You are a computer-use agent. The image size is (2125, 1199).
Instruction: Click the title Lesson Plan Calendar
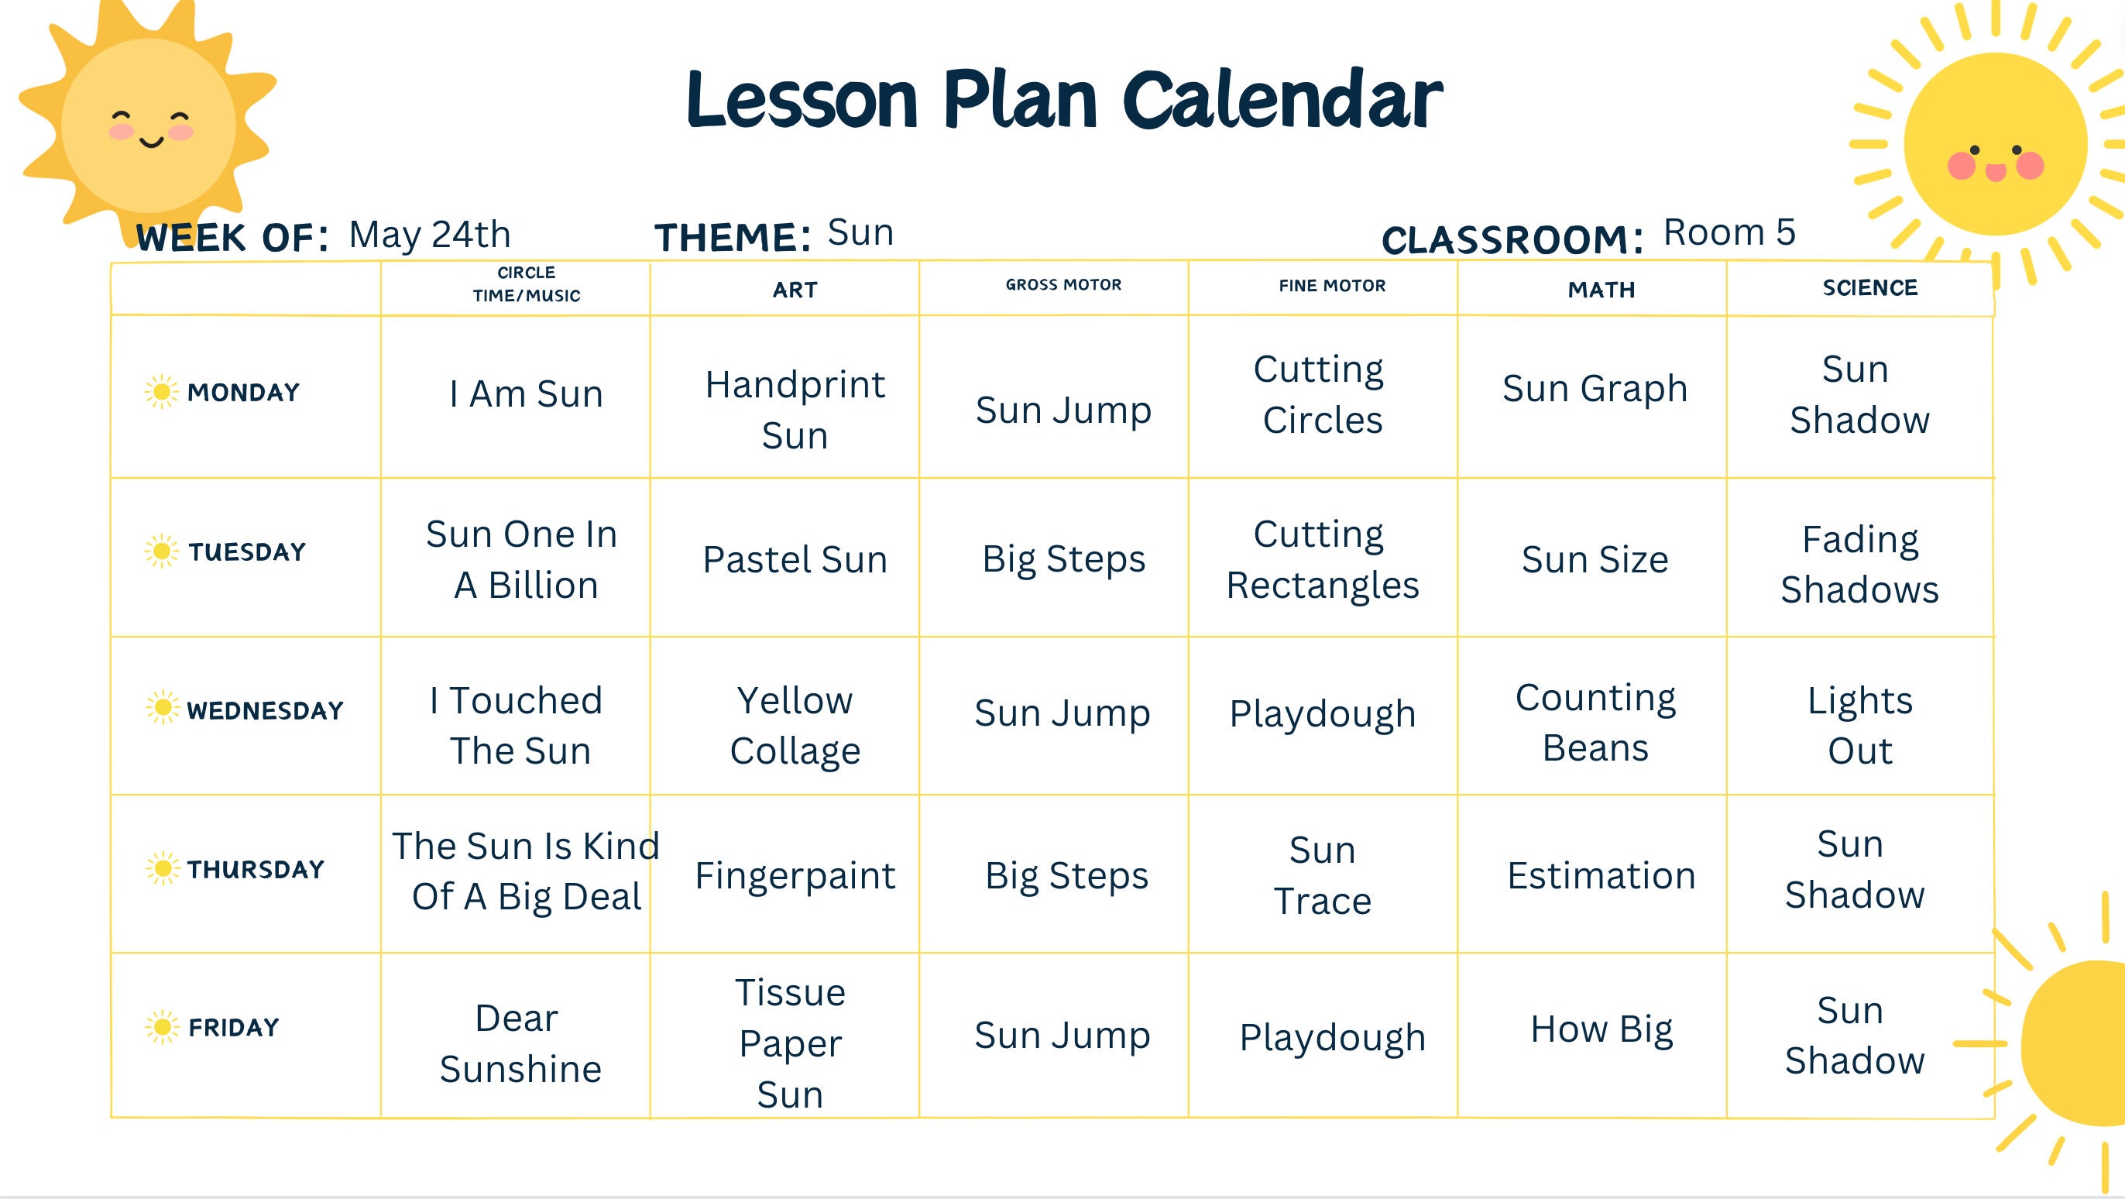pos(1063,101)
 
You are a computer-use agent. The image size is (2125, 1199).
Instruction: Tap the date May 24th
pos(429,235)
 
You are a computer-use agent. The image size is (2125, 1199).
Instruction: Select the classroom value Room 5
pos(1729,232)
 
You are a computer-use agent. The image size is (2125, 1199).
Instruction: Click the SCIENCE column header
pos(1869,288)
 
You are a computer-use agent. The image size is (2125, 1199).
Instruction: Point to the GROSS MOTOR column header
pos(1063,286)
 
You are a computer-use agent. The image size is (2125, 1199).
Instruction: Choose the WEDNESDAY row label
pos(265,710)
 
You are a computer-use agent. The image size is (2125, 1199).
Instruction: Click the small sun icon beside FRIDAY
pos(162,1026)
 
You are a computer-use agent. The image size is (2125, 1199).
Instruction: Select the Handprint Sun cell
pos(795,409)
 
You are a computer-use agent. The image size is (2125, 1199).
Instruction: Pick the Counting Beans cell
pos(1595,723)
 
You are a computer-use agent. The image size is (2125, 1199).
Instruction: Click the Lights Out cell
pos(1859,725)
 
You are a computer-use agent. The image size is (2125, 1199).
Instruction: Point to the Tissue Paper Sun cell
pos(790,1043)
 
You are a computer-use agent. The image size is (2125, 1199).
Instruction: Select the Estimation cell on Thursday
pos(1601,875)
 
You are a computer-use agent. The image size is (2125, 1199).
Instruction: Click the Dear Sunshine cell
pos(520,1043)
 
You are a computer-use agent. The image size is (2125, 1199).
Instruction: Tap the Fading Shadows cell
pos(1859,565)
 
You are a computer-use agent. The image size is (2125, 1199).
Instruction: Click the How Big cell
pos(1601,1029)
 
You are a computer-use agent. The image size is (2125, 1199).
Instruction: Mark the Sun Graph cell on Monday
pos(1595,389)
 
